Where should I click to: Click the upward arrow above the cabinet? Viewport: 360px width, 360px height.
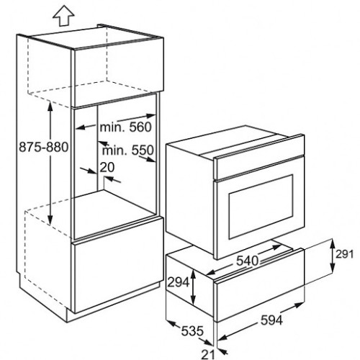pos(63,17)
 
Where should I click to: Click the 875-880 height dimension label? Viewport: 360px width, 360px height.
pos(44,147)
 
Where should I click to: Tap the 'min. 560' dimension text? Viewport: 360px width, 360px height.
pos(126,127)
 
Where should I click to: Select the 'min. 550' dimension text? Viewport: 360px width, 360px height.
pos(127,150)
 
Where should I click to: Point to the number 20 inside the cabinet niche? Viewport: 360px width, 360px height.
pos(107,167)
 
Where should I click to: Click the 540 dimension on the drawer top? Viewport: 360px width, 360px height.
pos(247,261)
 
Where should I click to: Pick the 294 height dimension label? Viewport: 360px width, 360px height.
pos(179,282)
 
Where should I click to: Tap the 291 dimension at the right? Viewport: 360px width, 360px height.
pos(345,254)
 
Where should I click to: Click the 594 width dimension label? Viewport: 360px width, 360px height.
pos(271,320)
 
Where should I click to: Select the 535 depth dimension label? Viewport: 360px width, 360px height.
pos(192,331)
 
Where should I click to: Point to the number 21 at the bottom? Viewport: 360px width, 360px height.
pos(207,354)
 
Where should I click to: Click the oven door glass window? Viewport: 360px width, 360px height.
pos(261,207)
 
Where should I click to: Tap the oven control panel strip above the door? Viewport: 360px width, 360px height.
pos(260,158)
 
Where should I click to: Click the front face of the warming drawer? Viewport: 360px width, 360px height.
pos(260,286)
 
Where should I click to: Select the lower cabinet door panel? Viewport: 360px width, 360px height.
pos(117,265)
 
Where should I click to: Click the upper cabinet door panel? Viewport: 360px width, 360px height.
pos(117,72)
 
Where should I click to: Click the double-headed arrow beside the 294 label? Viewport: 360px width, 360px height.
pos(193,287)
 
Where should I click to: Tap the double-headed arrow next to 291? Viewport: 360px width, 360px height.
pos(333,256)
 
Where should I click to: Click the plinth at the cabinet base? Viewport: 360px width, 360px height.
pos(113,302)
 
